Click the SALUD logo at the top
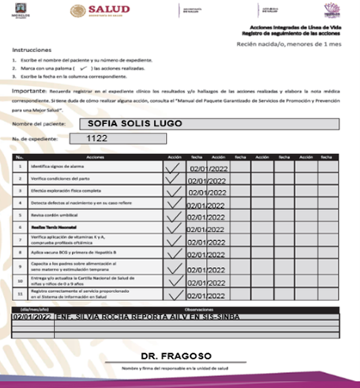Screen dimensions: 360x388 99,10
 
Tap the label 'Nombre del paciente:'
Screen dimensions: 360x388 36,126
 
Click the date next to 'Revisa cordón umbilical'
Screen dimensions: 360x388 207,217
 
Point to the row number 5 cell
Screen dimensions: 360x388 20,216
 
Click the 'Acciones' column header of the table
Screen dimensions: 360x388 96,157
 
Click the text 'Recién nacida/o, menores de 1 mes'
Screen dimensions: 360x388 295,44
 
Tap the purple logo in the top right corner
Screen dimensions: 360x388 332,10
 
